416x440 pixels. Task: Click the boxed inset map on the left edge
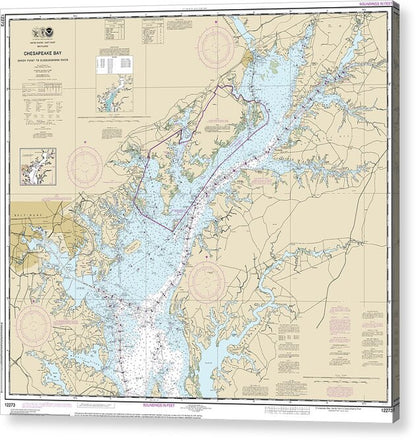point(38,165)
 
